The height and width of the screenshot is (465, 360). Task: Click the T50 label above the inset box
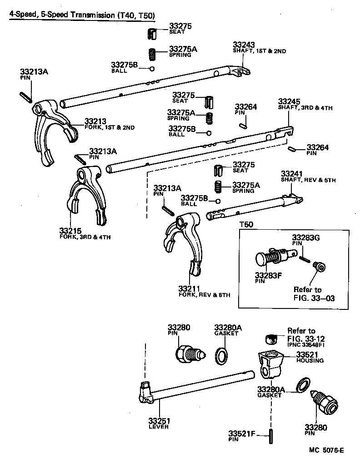click(x=246, y=225)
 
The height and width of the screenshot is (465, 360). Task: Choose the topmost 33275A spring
click(x=153, y=54)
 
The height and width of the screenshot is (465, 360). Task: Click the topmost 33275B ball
click(x=152, y=69)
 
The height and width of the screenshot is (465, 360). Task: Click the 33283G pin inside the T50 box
click(x=305, y=259)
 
